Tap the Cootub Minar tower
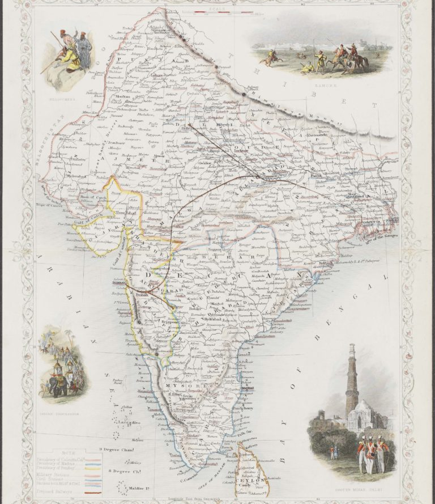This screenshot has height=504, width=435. [x=352, y=380]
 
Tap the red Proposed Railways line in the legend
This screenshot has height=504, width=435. [x=93, y=493]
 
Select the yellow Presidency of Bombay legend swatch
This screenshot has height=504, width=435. [x=93, y=464]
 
